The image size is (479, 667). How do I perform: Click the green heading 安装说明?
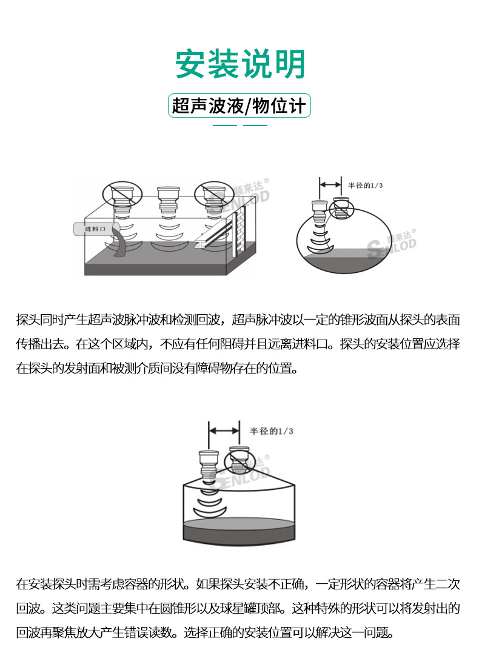(x=240, y=64)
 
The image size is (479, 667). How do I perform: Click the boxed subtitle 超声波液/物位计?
(x=239, y=106)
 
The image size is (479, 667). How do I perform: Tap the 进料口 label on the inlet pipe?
(x=95, y=229)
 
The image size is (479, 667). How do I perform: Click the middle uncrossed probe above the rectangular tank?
(x=169, y=199)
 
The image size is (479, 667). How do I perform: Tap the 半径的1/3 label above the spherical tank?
(x=366, y=186)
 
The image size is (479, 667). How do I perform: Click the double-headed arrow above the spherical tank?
(x=330, y=184)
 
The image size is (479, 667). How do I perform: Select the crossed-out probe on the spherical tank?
(x=341, y=207)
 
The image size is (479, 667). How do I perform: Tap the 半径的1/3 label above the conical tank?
(x=272, y=431)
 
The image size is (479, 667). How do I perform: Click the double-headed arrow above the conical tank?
(x=224, y=431)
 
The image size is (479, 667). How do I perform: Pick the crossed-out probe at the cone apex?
(x=239, y=460)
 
